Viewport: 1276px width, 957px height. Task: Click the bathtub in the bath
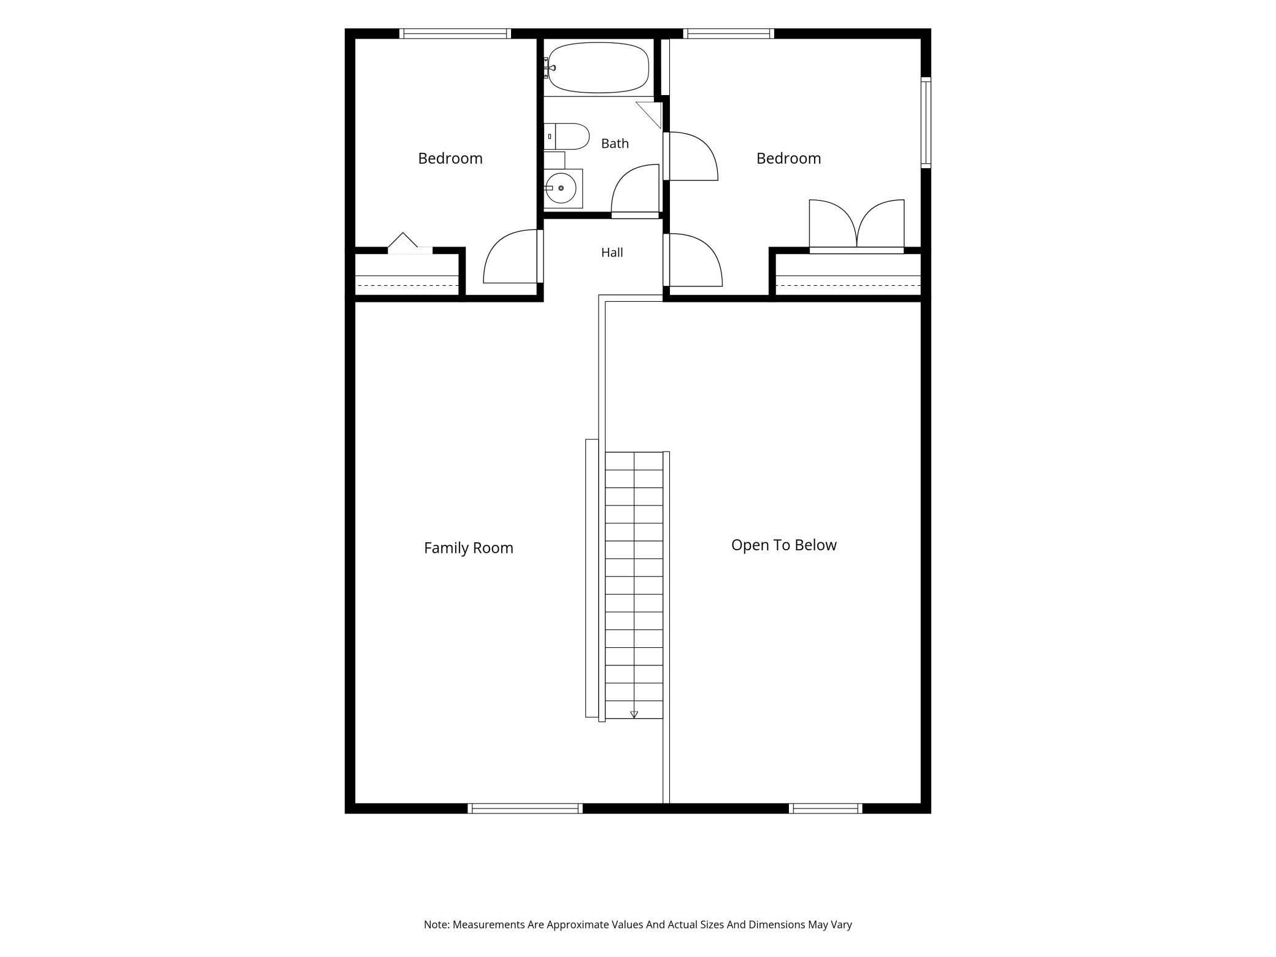[598, 67]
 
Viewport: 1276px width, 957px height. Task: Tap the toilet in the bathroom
[566, 136]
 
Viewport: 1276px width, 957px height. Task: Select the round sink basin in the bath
[561, 188]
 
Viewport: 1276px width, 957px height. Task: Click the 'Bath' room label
[615, 144]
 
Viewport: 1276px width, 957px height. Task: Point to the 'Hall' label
[612, 252]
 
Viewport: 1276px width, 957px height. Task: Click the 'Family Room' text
[469, 548]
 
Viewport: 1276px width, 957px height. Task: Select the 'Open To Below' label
[783, 545]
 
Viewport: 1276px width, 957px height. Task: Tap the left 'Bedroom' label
[450, 158]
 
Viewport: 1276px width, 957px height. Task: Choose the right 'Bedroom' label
[788, 158]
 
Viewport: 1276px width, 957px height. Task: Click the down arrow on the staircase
[634, 714]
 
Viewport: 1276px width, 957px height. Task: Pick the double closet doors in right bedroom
[856, 224]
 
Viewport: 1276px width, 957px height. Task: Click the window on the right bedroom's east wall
[926, 123]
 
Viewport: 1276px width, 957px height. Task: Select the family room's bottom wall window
[525, 809]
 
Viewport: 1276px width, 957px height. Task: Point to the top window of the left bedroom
[455, 34]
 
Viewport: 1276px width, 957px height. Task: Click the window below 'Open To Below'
[825, 809]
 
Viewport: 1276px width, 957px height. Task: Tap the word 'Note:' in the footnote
[437, 924]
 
